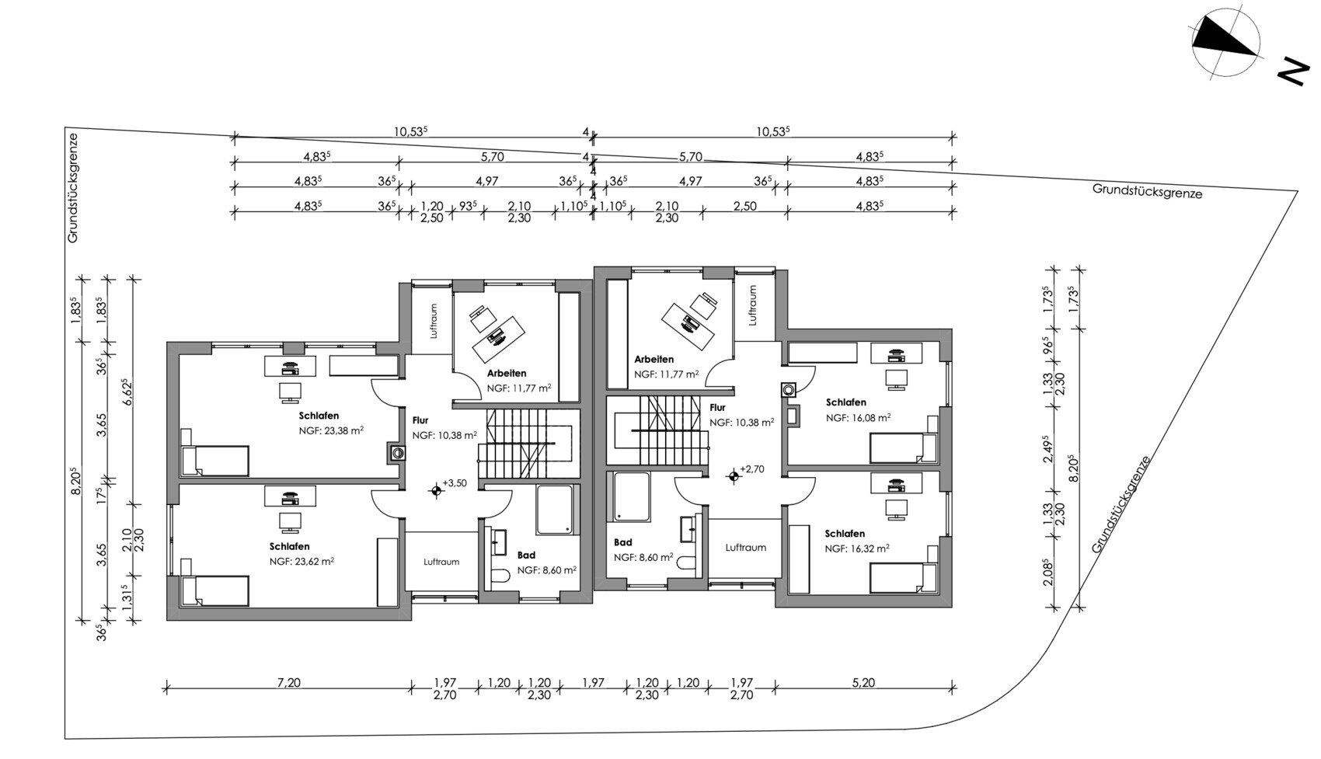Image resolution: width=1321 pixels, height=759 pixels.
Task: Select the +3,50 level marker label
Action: [454, 483]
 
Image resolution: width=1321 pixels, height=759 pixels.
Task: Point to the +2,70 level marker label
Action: [752, 469]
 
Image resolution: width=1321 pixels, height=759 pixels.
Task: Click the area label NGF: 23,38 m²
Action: [331, 430]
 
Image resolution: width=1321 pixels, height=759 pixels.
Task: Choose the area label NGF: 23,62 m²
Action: [301, 562]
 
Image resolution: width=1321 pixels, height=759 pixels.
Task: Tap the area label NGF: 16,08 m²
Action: [858, 417]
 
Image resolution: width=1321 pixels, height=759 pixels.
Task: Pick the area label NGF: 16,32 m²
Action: [857, 548]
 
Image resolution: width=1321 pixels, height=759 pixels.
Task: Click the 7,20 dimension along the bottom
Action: [289, 682]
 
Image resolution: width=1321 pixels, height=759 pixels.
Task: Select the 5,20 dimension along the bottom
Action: [863, 682]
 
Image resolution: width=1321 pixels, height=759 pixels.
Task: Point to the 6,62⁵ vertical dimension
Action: [125, 392]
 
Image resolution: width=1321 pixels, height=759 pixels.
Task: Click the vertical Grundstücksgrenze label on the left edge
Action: [72, 187]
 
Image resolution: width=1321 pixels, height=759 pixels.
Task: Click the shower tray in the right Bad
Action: [632, 496]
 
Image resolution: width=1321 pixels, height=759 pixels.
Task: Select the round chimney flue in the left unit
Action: [398, 453]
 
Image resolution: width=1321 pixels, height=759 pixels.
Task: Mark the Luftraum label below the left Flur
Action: [441, 562]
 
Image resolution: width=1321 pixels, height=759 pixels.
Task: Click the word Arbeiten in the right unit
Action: [654, 359]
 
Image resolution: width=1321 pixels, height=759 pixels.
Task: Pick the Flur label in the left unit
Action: [420, 420]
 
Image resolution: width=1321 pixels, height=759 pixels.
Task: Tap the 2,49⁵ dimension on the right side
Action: [1048, 449]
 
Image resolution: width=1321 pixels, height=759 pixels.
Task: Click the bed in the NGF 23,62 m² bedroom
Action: [215, 590]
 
